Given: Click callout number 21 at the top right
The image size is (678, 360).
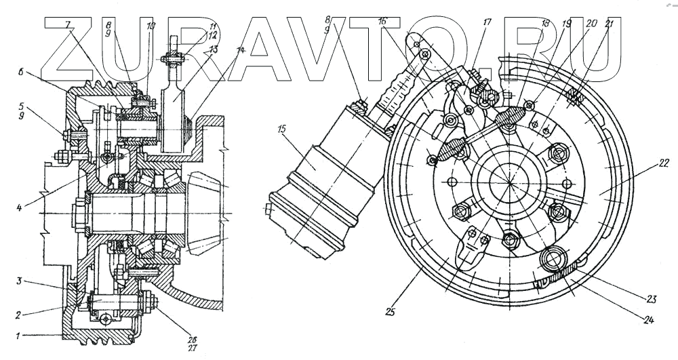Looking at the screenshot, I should (x=610, y=25).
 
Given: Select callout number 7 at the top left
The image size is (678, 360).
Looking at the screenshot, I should (x=68, y=25).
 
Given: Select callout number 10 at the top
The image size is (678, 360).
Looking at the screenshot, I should (x=151, y=26).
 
